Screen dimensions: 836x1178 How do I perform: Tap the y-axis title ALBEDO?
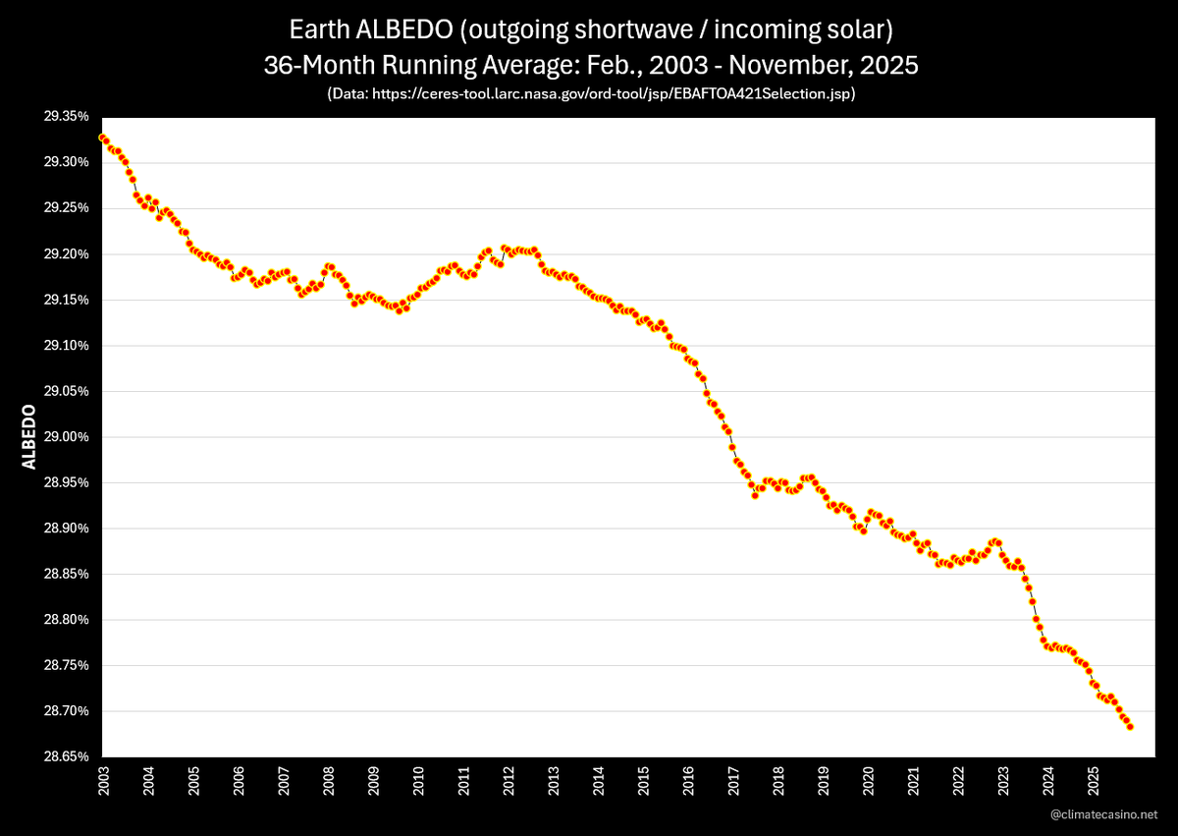point(28,436)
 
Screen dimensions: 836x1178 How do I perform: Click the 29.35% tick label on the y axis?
point(65,116)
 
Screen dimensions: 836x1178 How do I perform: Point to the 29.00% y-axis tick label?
point(65,436)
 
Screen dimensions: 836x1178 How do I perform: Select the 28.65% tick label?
point(65,756)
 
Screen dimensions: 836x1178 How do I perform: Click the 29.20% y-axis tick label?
point(65,253)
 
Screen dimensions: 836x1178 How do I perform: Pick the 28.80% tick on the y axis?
point(65,619)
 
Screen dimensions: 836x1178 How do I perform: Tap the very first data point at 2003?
point(101,138)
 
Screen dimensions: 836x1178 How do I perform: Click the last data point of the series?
point(1130,727)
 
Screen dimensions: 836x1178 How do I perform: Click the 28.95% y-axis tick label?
point(65,482)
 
